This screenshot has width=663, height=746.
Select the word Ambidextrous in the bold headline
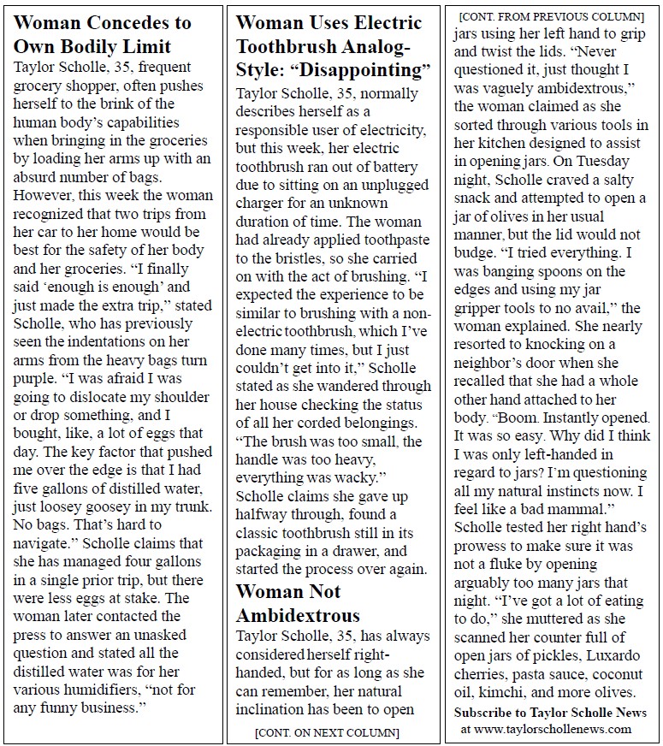coord(297,615)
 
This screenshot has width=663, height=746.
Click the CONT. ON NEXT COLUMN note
coord(327,732)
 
